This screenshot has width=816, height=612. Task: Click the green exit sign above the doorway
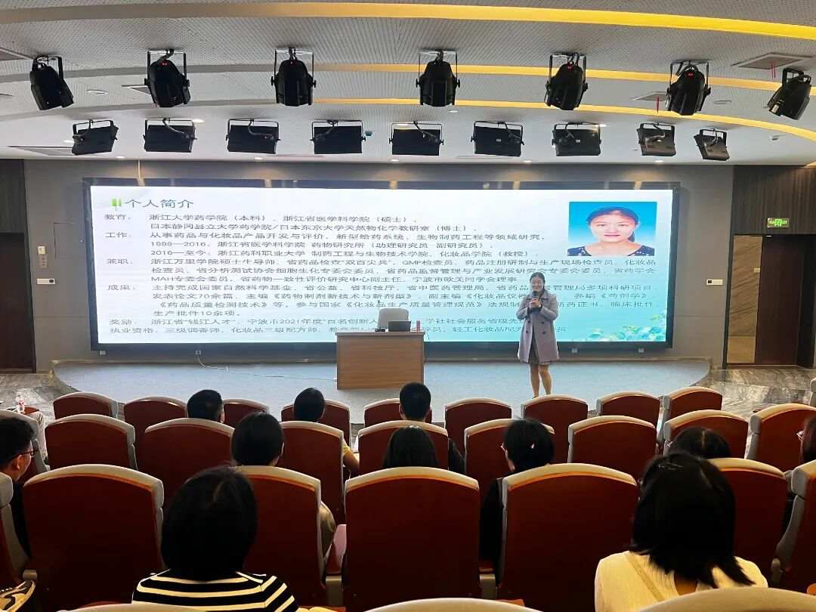[777, 223]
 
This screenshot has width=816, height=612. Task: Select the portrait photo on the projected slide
[611, 229]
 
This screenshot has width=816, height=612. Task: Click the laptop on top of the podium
[398, 326]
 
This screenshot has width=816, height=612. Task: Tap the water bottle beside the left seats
[20, 402]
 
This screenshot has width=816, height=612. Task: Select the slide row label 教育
[117, 218]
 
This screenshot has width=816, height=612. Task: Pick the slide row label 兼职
[117, 261]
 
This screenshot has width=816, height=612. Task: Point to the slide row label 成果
[117, 287]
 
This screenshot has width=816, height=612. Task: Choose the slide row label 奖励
[117, 321]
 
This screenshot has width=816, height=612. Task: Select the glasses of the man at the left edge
[26, 453]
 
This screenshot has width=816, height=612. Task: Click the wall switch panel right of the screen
[713, 282]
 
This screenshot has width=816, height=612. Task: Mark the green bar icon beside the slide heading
[116, 203]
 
